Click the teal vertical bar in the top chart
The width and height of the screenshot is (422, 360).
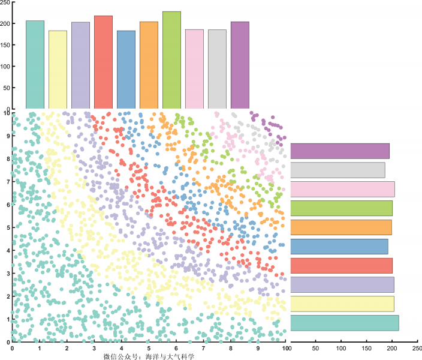(35, 65)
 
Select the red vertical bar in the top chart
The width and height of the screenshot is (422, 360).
(103, 62)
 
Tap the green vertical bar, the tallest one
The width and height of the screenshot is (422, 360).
(171, 60)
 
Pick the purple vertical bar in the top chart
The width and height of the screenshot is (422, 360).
(240, 65)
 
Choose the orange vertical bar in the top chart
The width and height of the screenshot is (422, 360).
(149, 65)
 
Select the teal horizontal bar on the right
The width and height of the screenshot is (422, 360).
(344, 323)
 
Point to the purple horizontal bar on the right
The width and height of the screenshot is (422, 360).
(340, 151)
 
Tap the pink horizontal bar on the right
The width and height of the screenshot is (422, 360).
(342, 190)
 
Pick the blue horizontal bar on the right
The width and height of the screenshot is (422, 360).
(339, 247)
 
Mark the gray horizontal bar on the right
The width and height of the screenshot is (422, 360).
(337, 170)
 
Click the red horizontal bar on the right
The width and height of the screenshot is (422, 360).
(341, 266)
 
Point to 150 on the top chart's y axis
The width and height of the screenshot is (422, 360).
(7, 45)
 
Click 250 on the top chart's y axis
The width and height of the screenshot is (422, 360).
(7, 3)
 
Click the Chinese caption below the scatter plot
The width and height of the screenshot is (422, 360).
(149, 356)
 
